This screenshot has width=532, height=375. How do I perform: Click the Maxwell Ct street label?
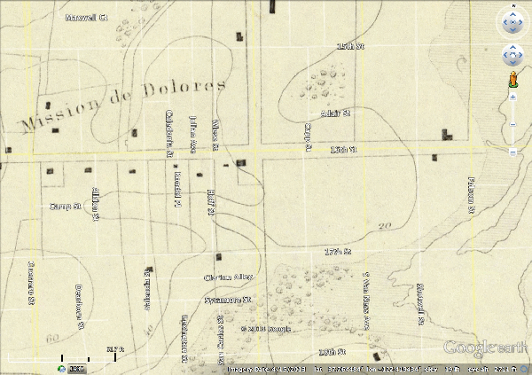point(86,17)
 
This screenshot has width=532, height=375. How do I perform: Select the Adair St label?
point(335,113)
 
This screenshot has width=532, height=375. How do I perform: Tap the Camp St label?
point(65,206)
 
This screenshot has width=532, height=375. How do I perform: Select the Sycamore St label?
point(228,300)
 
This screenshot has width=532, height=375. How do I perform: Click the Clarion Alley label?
point(228,277)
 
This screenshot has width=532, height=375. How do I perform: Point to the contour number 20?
point(384,225)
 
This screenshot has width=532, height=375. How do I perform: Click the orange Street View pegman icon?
point(513,81)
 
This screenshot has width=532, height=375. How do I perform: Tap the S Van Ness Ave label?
point(365,301)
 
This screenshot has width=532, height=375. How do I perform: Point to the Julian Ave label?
point(192,133)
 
